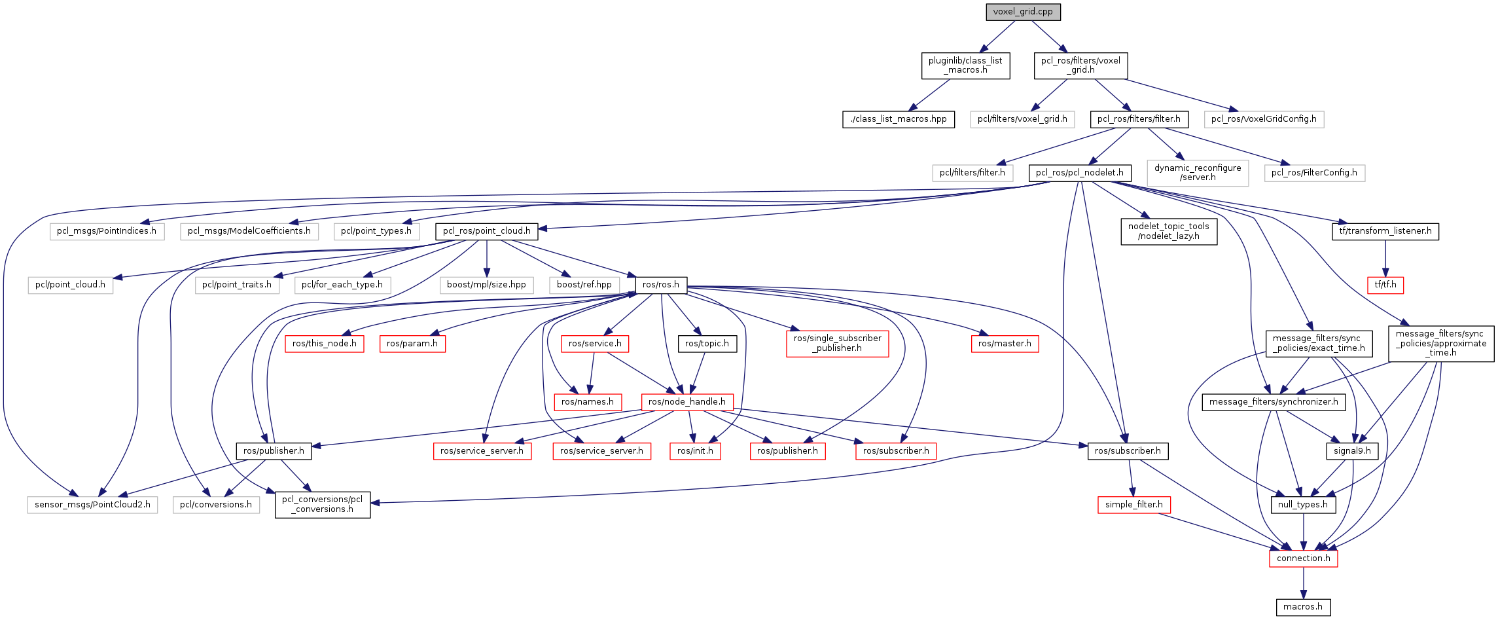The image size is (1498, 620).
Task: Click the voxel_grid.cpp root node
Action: point(1023,12)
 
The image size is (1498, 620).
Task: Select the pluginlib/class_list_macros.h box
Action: point(965,65)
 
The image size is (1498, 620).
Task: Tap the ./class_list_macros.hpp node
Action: point(898,119)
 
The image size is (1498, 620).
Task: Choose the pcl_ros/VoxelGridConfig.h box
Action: point(1264,119)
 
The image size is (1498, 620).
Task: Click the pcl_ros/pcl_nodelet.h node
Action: point(1079,173)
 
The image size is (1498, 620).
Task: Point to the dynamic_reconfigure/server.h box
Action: point(1198,173)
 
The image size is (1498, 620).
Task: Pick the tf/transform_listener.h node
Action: point(1385,231)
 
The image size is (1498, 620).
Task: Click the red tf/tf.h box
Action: point(1385,285)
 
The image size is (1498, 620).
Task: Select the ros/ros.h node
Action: point(661,285)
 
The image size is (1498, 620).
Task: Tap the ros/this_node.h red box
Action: point(324,344)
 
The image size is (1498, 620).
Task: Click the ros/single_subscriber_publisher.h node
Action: point(837,344)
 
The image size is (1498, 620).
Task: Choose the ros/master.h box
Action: point(1004,344)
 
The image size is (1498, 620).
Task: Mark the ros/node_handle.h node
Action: point(687,402)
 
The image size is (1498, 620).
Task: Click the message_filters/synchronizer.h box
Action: point(1274,402)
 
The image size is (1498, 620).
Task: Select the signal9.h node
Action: point(1352,451)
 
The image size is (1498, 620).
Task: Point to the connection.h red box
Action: point(1303,558)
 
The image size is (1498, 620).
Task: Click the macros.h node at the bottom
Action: point(1303,607)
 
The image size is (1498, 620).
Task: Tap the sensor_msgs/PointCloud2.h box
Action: point(92,505)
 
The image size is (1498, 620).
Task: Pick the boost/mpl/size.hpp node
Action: point(486,285)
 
